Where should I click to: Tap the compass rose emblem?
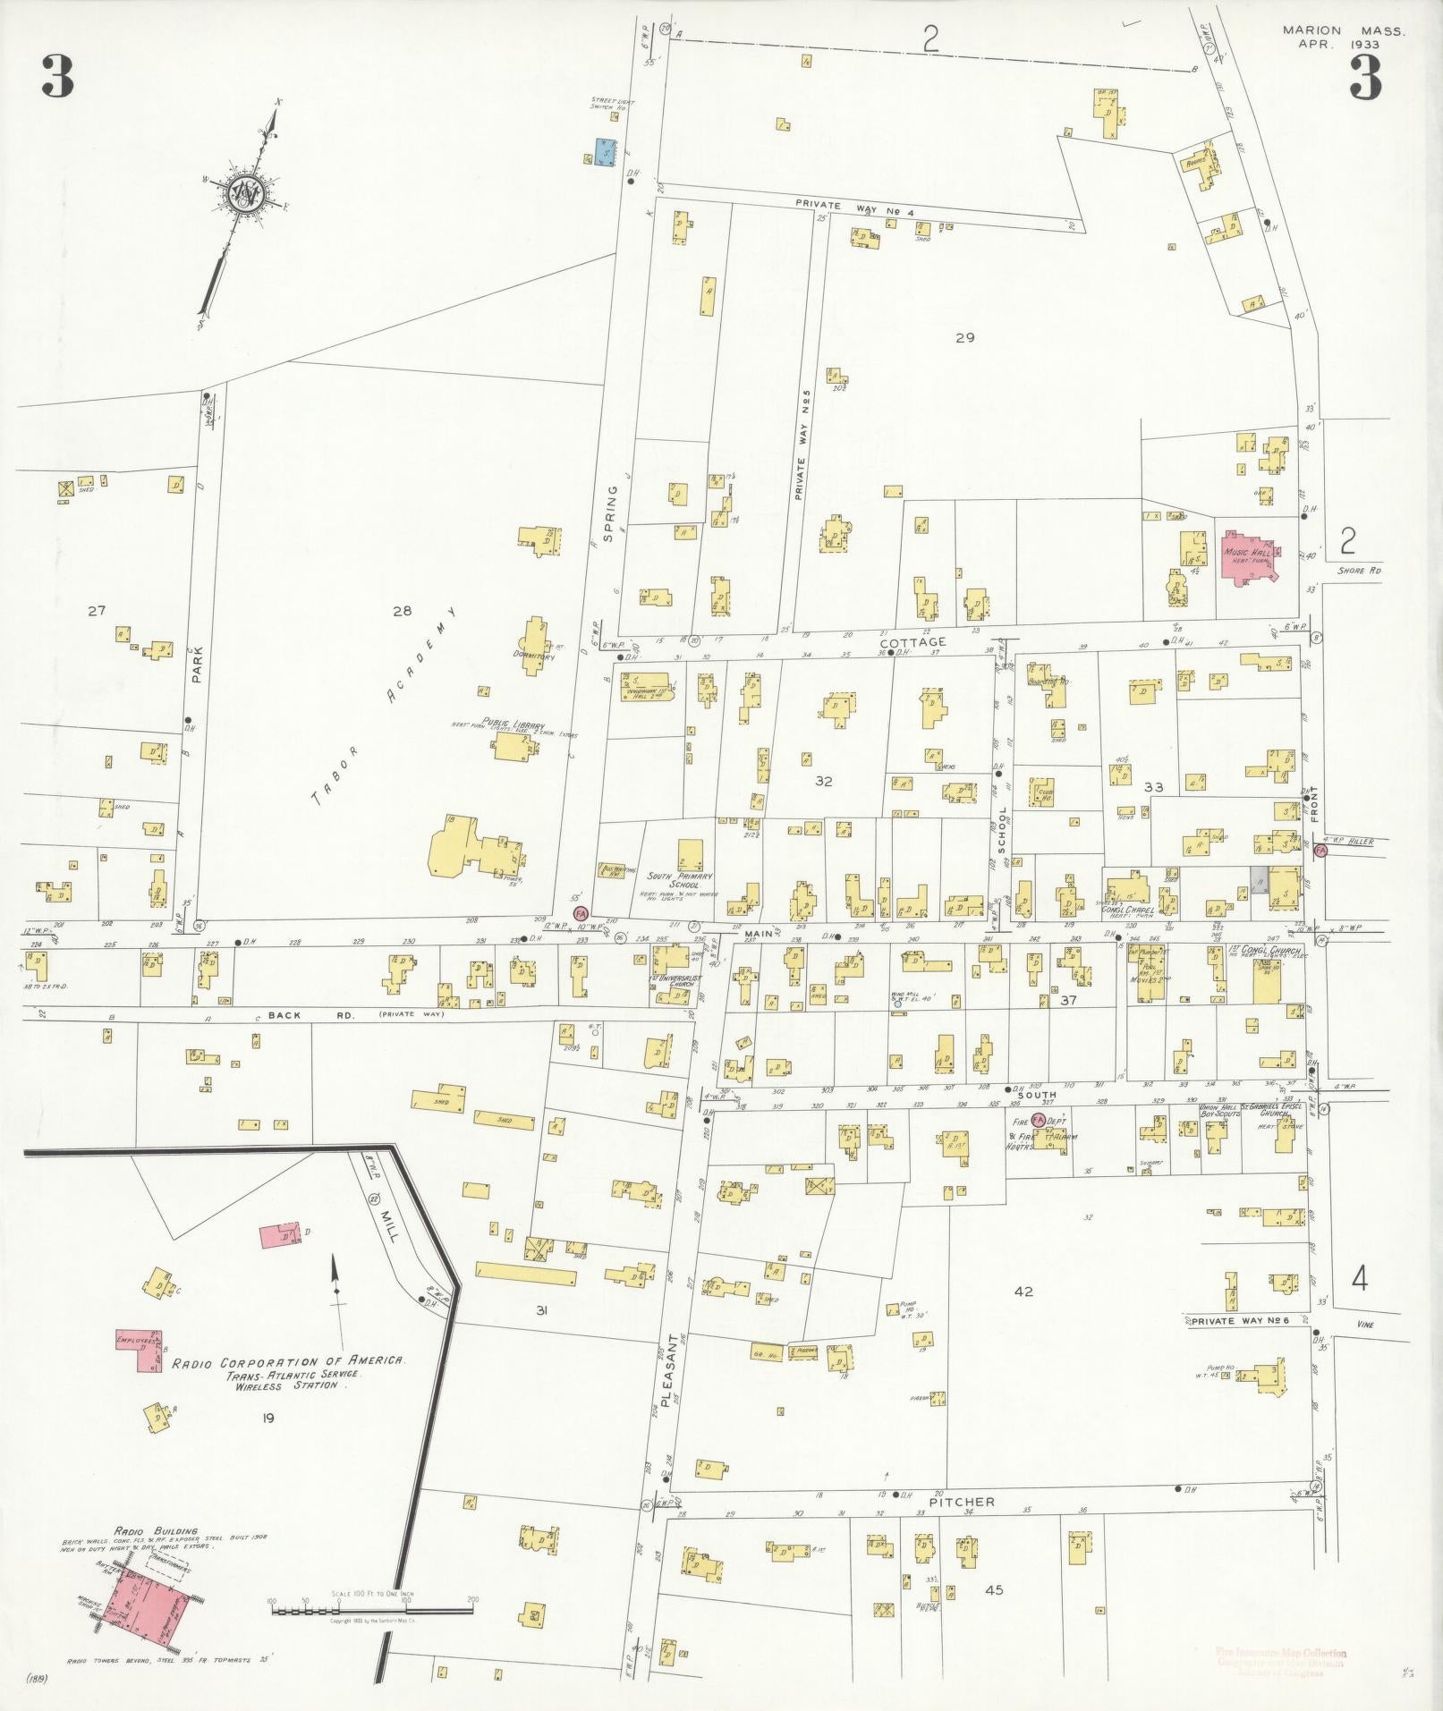[243, 193]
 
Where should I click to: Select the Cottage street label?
[912, 642]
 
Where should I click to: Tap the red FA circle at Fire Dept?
[1038, 1119]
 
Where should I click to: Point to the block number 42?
[1023, 1292]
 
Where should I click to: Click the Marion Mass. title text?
[1343, 30]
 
